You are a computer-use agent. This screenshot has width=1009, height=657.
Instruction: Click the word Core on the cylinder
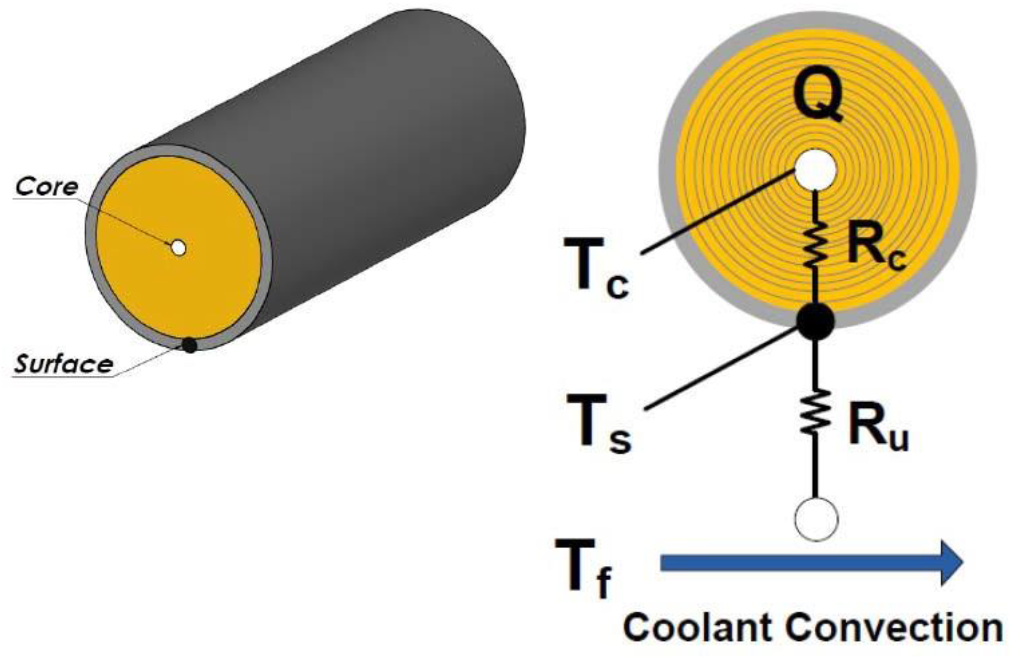pos(47,186)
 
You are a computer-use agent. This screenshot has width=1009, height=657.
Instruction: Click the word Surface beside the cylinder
pos(64,364)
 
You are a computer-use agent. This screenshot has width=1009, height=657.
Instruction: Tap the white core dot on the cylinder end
pos(178,247)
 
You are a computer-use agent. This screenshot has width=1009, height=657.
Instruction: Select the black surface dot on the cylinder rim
pos(189,345)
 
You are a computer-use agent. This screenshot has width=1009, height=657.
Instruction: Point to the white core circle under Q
pos(815,170)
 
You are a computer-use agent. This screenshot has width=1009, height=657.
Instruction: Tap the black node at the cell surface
pos(815,321)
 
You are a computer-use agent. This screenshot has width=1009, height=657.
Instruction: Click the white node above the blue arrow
pos(816,519)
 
